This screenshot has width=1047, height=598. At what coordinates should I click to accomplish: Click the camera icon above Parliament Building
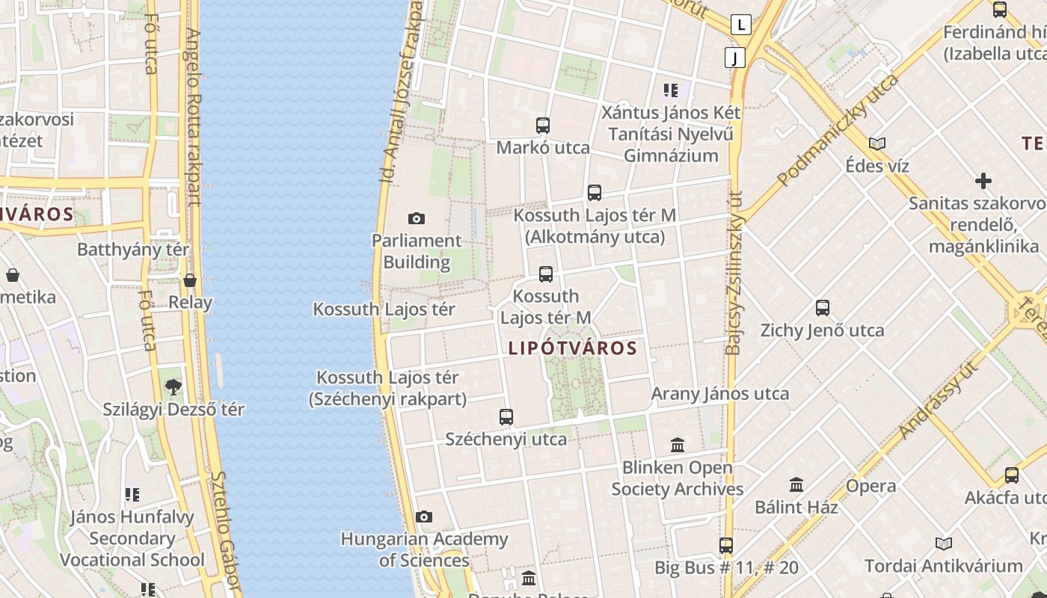pos(417,218)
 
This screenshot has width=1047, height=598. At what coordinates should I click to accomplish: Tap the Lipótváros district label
pos(572,348)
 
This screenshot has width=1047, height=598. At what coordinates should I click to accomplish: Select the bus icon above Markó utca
pos(543,126)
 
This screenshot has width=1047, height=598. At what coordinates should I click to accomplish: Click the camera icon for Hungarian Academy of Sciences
pos(424,517)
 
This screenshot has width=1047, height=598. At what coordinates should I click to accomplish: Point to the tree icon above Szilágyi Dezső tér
pos(174,387)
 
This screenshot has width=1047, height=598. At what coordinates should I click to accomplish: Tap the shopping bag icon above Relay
pos(190,280)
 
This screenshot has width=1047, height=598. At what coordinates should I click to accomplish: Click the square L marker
pos(741,25)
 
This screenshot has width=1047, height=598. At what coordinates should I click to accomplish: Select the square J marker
pos(735,58)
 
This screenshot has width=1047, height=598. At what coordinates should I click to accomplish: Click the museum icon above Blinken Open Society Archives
pos(678,446)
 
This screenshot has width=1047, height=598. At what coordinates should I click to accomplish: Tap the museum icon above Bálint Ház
pos(796,485)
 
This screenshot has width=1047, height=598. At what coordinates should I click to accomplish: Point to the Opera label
pos(871,486)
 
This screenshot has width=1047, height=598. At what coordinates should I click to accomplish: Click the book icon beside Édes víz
pos(877,144)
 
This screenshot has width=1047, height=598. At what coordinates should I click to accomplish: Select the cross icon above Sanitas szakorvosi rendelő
pos(983,181)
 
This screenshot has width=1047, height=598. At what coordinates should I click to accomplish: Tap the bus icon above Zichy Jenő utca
pos(823,308)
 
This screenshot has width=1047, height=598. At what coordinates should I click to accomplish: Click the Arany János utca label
pos(719,394)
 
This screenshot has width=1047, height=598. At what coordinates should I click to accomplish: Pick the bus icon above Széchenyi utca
pos(506,417)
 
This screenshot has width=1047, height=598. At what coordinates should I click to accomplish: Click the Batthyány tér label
pos(133,250)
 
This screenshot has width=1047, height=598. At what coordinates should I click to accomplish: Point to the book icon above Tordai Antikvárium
pos(944,544)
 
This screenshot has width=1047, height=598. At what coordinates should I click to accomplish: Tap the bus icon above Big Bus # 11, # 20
pos(726,546)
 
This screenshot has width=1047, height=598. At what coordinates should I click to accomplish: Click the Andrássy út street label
pos(939,400)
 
